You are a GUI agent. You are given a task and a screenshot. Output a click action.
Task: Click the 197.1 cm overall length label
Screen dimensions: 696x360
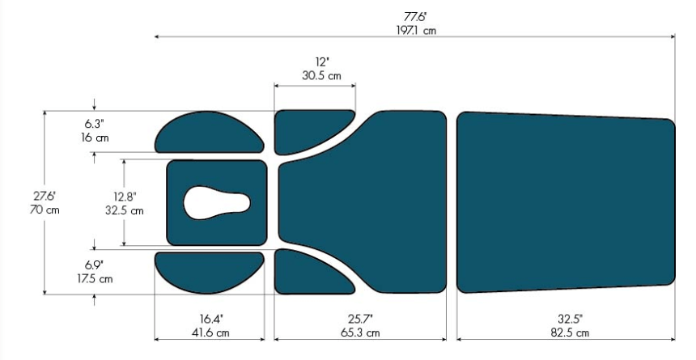[416, 31]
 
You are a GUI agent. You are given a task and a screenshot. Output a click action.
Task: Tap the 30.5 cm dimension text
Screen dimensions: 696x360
[322, 76]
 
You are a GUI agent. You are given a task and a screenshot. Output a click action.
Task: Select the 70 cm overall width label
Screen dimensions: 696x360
[45, 210]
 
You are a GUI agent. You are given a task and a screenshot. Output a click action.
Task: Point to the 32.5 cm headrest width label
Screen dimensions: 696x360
[125, 210]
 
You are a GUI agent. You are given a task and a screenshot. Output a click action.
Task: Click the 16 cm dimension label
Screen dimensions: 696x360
[95, 138]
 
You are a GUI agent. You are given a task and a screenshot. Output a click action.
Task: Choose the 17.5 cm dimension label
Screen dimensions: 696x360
[94, 279]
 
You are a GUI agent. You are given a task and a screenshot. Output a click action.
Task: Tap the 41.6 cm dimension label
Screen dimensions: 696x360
[211, 332]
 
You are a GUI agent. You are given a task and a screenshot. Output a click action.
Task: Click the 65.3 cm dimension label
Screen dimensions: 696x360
[360, 332]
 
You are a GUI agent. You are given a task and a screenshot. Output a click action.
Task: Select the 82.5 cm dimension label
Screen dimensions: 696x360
[570, 332]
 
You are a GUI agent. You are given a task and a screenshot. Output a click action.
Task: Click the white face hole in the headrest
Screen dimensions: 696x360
[216, 203]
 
